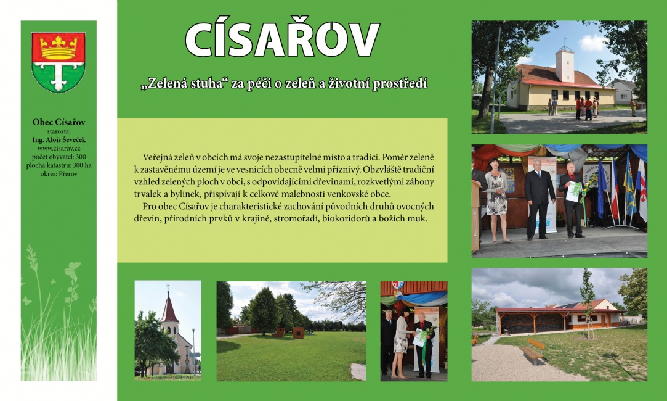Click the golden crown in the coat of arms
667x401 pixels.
[59, 48]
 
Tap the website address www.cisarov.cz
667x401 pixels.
[59, 148]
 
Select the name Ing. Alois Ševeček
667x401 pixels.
[59, 140]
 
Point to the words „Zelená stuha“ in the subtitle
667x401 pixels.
[185, 83]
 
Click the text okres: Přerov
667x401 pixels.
[59, 174]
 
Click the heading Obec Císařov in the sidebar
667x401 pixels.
[59, 122]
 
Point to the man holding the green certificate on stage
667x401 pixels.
[572, 199]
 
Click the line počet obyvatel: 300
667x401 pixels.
[59, 157]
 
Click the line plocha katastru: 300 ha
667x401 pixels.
[59, 165]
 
